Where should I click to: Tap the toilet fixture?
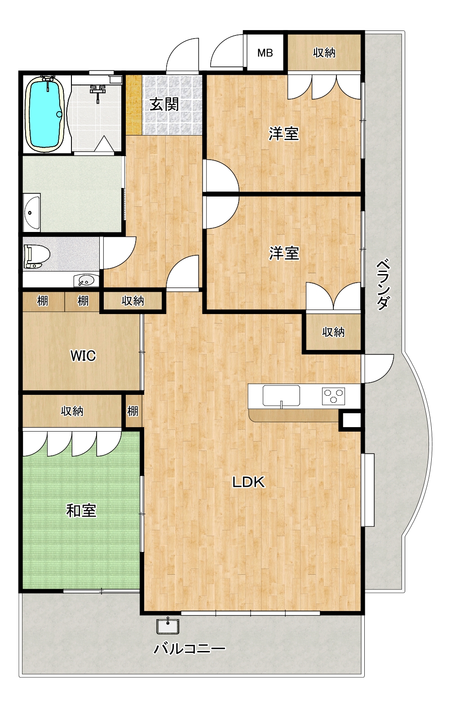point(37,257)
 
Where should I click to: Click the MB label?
point(265,53)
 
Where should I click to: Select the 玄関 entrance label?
point(164,104)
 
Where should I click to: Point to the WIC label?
point(83,356)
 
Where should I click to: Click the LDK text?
point(248,482)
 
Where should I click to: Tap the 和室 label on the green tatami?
point(81,511)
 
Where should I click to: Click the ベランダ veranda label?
point(383,284)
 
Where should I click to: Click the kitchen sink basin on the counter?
point(281,395)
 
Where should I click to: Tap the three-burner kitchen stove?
point(334,396)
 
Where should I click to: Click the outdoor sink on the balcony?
point(168,626)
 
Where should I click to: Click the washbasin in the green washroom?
point(31,212)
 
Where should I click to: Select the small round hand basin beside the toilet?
point(84,280)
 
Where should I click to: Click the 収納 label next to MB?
point(324,53)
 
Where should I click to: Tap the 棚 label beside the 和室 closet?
point(133,411)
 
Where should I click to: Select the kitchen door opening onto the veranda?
point(379,368)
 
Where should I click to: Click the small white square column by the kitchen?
point(350,421)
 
